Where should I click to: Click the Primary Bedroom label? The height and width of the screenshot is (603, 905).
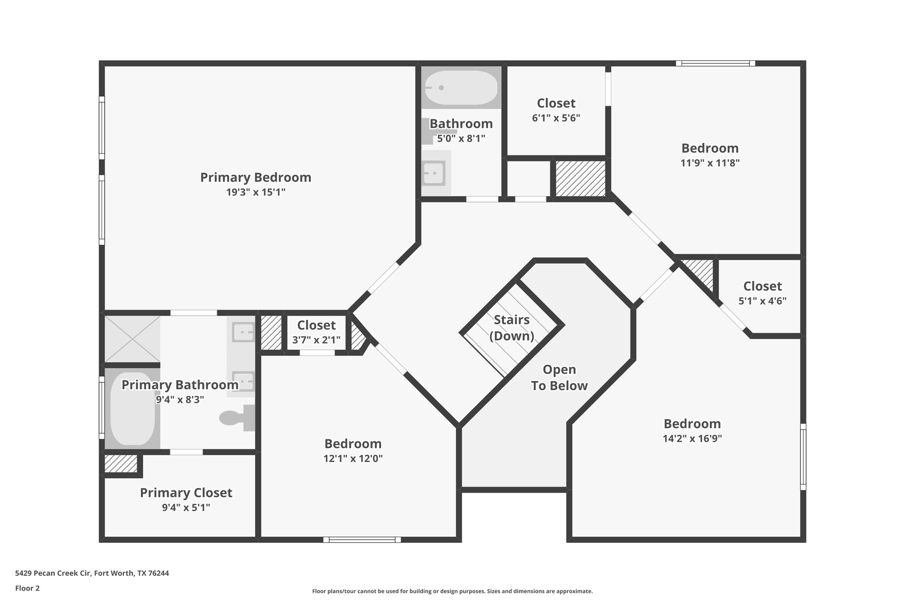click(x=255, y=177)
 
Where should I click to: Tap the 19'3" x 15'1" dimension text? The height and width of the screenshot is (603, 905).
click(x=255, y=192)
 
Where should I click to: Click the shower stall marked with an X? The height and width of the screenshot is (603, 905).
click(x=132, y=339)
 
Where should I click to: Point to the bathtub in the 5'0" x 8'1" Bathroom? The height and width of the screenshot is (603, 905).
click(x=461, y=88)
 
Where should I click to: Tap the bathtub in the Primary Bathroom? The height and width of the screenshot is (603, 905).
click(x=132, y=409)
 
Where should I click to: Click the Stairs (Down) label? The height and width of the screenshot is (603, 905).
click(x=511, y=328)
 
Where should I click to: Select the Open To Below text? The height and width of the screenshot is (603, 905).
click(x=559, y=378)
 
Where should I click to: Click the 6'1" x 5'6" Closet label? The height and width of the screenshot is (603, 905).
click(x=556, y=103)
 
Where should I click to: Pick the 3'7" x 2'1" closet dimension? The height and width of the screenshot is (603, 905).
click(x=316, y=340)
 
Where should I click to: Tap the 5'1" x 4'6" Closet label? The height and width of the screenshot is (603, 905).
click(x=762, y=287)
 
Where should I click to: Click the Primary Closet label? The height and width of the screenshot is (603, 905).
click(x=186, y=493)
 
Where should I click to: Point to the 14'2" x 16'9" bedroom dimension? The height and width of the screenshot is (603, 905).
click(x=692, y=439)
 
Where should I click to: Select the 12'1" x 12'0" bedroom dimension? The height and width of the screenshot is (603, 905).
click(x=353, y=458)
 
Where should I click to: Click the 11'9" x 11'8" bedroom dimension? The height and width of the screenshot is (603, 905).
click(x=710, y=163)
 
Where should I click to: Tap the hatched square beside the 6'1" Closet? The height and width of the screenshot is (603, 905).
click(x=580, y=179)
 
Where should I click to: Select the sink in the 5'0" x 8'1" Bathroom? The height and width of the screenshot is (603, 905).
click(x=433, y=173)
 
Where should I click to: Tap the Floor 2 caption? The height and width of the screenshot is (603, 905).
click(x=27, y=588)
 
